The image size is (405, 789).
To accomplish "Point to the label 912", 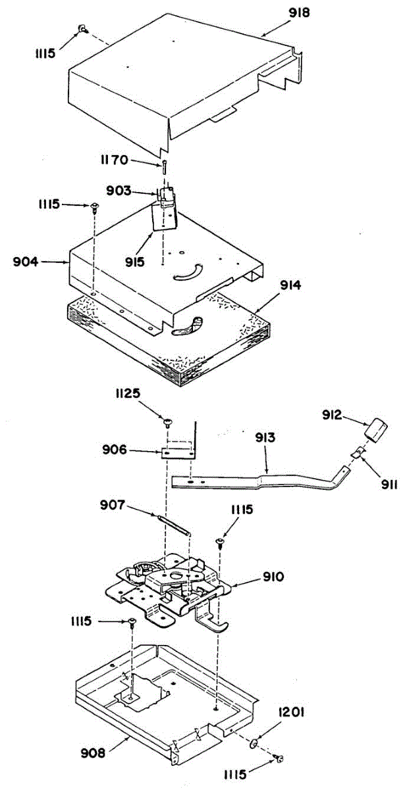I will [x=333, y=414].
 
